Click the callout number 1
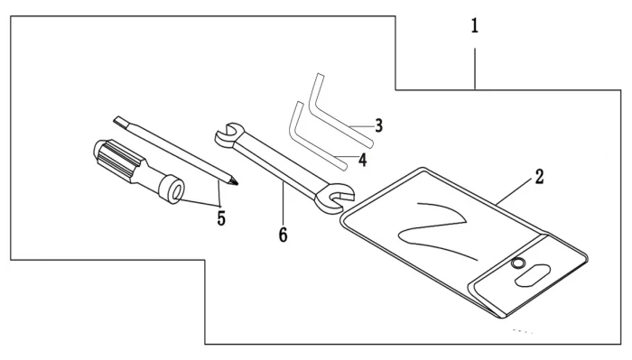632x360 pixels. tap(475, 26)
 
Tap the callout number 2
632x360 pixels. tap(540, 177)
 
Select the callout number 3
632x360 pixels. tap(378, 125)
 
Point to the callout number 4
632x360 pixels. tap(363, 160)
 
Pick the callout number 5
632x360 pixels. tap(221, 218)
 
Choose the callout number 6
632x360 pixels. tap(283, 235)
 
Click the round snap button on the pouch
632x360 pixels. tap(518, 263)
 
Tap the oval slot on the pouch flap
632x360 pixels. tap(533, 275)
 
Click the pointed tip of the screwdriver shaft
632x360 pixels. tap(237, 184)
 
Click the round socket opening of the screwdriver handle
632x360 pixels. tap(177, 192)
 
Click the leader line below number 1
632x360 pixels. tap(475, 69)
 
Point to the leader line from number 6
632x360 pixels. tap(283, 203)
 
